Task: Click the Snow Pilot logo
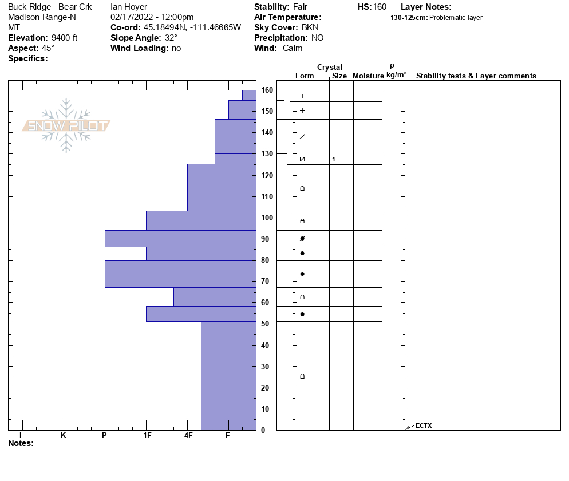coord(66,125)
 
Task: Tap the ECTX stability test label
coord(424,425)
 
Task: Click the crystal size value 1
coord(334,159)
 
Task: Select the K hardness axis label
coord(63,435)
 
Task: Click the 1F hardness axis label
coord(147,435)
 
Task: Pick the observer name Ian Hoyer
coord(129,7)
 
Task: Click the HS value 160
coord(380,7)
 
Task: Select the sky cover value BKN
coord(310,27)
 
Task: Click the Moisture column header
coord(368,76)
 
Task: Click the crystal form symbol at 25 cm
coord(302,376)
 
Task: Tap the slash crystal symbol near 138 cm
coord(302,136)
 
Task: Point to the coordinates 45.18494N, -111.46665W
coord(192,27)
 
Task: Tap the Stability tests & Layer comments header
coord(476,76)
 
